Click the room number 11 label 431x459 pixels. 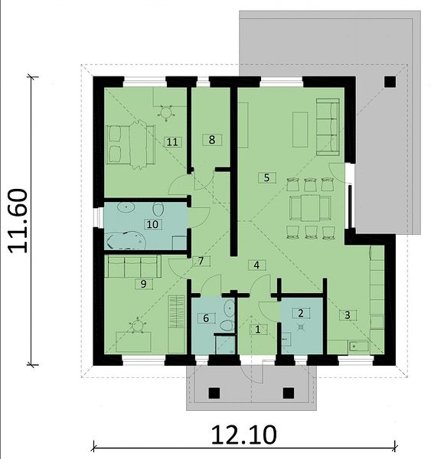tap(172, 142)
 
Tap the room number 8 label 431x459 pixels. tap(212, 140)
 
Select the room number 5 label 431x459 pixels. tap(266, 177)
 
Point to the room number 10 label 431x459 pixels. tap(152, 224)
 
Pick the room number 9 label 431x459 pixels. tap(144, 284)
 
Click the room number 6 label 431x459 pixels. tap(206, 318)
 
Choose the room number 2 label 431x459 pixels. tap(301, 313)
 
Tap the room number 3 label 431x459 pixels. tap(348, 315)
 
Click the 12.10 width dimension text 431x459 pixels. tap(243, 435)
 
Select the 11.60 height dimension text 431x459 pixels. tap(18, 221)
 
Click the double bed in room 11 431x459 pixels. tap(130, 145)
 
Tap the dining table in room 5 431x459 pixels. tap(310, 207)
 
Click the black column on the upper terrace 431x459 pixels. tap(390, 81)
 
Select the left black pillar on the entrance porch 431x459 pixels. tap(214, 393)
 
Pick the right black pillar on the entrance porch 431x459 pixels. tap(289, 393)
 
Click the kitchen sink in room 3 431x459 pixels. tap(358, 347)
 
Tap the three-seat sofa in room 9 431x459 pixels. tap(132, 266)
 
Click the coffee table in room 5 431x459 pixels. tap(300, 129)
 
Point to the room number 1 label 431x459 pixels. tap(258, 330)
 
